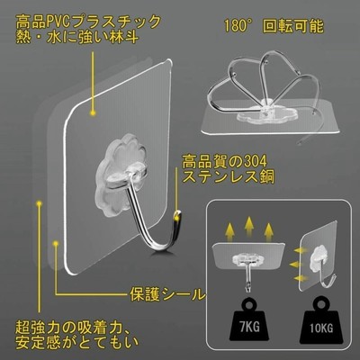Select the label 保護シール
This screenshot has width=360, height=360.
pos(167,294)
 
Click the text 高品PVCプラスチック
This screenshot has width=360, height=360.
pos(88,22)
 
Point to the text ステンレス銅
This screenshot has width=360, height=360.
pos(229,177)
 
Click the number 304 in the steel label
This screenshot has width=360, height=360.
pos(254,162)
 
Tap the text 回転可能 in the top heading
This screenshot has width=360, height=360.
pos(293,26)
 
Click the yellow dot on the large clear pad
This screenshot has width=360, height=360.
pos(94,112)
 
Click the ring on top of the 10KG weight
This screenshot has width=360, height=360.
pos(322,304)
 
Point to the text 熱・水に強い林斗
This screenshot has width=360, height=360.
pos(77,38)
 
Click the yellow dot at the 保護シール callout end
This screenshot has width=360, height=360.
pos(56,243)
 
